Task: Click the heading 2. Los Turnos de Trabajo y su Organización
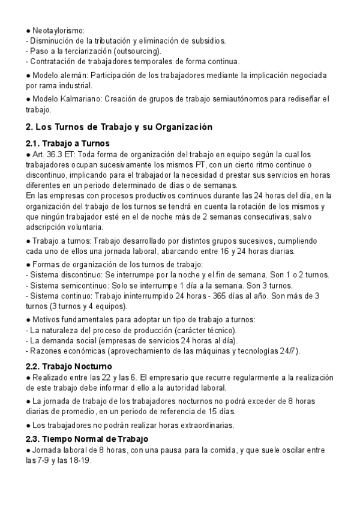(x=119, y=127)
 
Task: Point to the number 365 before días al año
(x=223, y=295)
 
